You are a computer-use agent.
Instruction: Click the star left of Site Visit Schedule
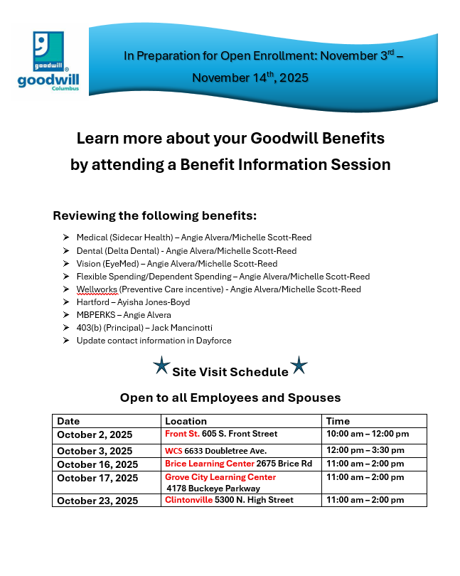tap(161, 366)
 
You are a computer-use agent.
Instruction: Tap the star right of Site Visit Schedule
tap(299, 366)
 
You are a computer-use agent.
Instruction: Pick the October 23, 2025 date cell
tap(97, 501)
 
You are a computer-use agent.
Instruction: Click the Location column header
tap(186, 421)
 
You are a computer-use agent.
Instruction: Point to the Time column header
tap(338, 421)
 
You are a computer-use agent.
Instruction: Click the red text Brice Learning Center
tap(205, 464)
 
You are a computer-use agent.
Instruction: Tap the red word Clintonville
tap(188, 500)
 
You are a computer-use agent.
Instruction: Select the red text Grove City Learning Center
tap(220, 477)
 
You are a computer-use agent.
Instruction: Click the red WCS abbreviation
tap(173, 450)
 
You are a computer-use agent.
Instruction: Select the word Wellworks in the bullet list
tap(96, 289)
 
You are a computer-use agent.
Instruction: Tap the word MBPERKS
tap(96, 315)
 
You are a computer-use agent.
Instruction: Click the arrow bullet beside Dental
tap(65, 250)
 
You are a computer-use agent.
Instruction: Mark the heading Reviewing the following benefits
tap(154, 215)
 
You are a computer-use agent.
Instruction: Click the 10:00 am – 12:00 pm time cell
tap(368, 434)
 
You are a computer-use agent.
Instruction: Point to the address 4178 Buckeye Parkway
tap(213, 489)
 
